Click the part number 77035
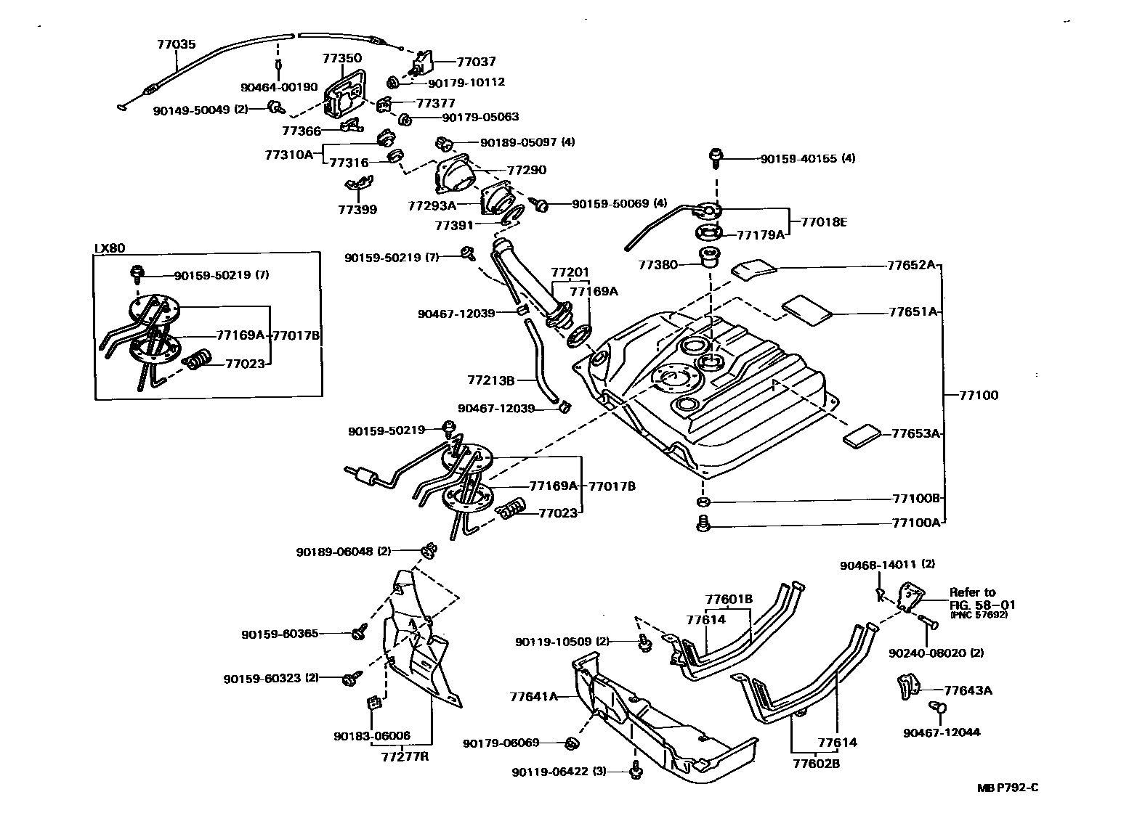176,44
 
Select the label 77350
342,58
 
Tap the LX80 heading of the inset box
110,248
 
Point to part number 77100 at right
979,396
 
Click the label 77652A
911,265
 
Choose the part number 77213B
491,380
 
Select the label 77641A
534,697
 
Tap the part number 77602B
817,764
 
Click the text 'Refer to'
972,592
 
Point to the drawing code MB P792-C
1013,788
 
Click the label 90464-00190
279,87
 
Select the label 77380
658,266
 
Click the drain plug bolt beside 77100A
703,522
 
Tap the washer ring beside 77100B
703,502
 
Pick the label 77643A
968,690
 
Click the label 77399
357,210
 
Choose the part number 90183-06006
372,736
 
